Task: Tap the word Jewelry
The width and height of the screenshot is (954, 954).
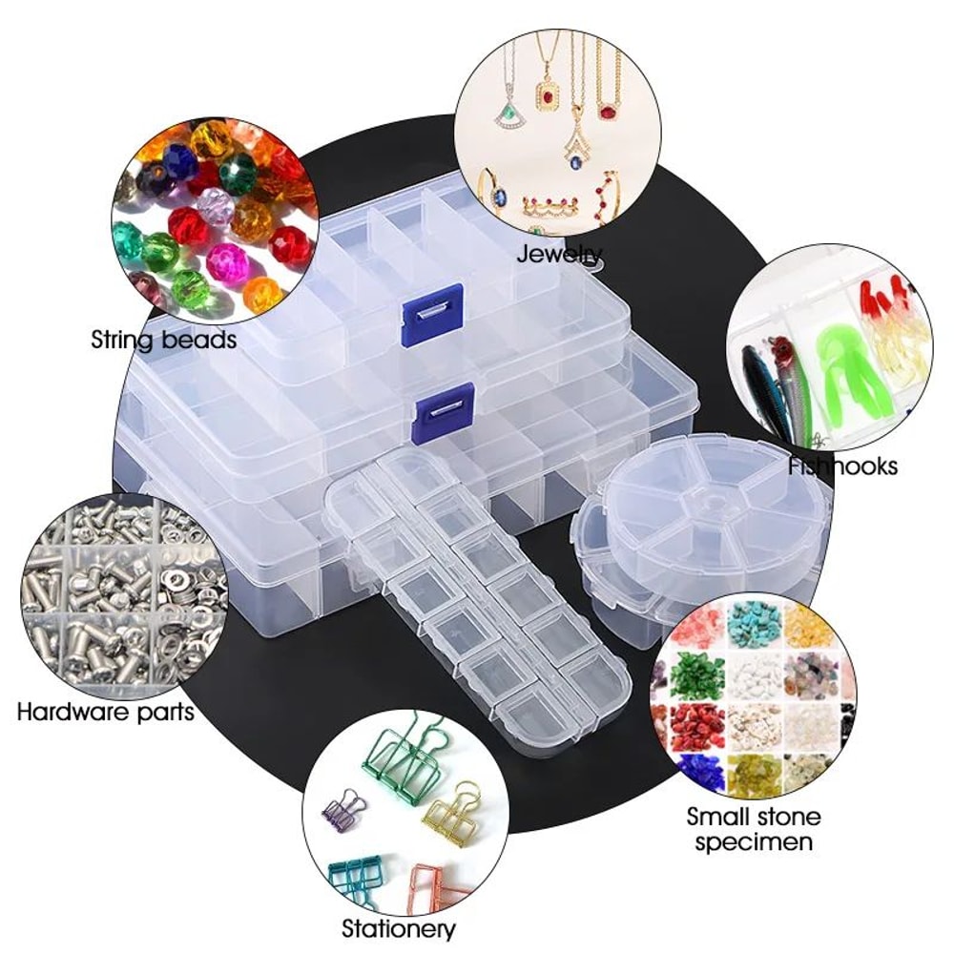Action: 559,255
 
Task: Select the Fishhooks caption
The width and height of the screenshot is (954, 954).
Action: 843,466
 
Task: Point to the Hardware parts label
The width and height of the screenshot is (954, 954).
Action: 106,711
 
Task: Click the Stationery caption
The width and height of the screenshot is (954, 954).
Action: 399,927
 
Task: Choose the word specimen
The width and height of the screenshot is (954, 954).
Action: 754,841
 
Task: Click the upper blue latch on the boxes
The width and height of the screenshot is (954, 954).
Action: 432,314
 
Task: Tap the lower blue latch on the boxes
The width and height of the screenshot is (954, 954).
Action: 444,408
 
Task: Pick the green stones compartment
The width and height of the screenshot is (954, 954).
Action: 697,675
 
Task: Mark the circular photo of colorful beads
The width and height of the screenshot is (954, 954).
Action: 213,215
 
